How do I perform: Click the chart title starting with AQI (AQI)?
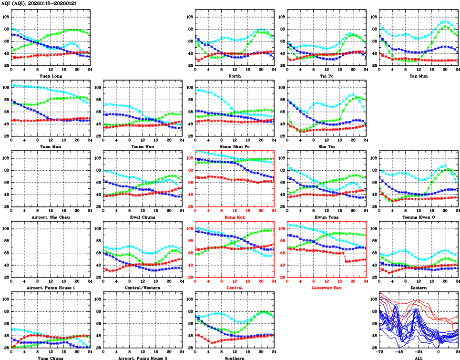pyautogui.click(x=39, y=3)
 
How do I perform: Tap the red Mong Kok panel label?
pyautogui.click(x=235, y=217)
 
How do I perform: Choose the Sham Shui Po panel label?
pyautogui.click(x=235, y=146)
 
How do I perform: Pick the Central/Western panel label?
pyautogui.click(x=143, y=288)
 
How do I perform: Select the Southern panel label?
pyautogui.click(x=235, y=358)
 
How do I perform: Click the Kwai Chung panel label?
pyautogui.click(x=143, y=217)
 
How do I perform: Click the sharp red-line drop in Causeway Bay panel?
pyautogui.click(x=345, y=257)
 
